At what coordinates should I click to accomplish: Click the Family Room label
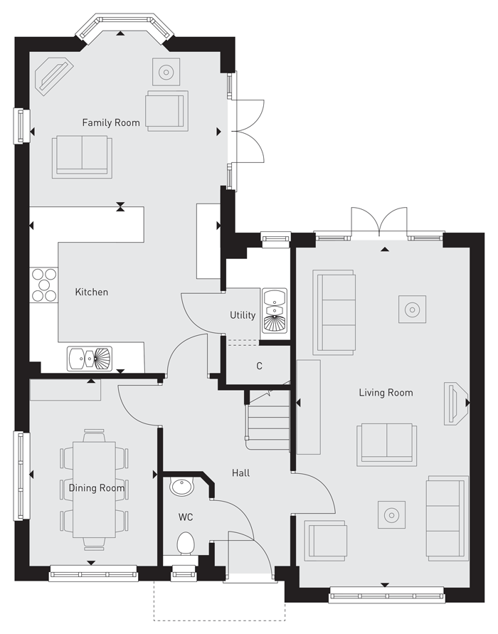[111, 122]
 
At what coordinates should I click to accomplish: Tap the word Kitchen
[92, 292]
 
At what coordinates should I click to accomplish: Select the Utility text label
[243, 315]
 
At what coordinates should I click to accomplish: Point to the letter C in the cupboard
[260, 366]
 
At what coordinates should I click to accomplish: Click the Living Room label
[386, 392]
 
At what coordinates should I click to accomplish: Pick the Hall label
[240, 472]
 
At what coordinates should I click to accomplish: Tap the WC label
[186, 517]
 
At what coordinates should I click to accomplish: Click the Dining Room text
[97, 488]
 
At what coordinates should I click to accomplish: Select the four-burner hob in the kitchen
[44, 285]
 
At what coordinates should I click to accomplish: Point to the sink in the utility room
[274, 311]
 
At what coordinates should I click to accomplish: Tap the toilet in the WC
[186, 544]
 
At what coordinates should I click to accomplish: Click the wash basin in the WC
[182, 488]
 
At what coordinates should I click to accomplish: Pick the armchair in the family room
[166, 110]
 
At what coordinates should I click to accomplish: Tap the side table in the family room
[166, 72]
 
